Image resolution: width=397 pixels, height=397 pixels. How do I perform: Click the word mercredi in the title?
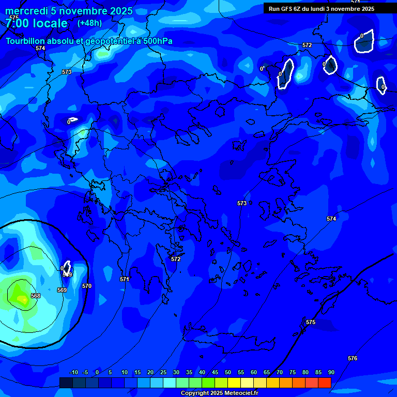tap(25, 11)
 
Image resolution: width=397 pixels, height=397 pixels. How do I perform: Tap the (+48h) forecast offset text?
tap(89, 23)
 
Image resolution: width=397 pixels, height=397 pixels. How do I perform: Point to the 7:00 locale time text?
tap(36, 23)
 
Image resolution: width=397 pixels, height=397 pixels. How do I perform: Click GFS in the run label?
tap(287, 9)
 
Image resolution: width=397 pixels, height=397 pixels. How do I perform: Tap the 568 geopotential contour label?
tap(35, 296)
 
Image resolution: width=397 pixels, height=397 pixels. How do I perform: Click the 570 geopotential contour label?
tap(87, 286)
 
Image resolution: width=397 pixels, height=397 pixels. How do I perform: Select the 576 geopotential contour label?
tap(353, 358)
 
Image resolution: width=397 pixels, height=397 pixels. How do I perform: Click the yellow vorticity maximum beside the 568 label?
tap(22, 298)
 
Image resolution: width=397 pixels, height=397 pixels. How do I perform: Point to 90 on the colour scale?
tap(331, 372)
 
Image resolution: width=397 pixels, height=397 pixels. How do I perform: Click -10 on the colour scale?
tap(73, 372)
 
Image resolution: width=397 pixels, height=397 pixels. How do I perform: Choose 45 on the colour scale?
tap(215, 372)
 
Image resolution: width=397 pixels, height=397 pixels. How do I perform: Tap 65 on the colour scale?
tap(266, 372)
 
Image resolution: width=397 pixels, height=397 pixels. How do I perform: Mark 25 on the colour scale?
tap(163, 372)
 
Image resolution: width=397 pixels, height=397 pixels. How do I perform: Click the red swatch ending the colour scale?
tap(324, 383)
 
